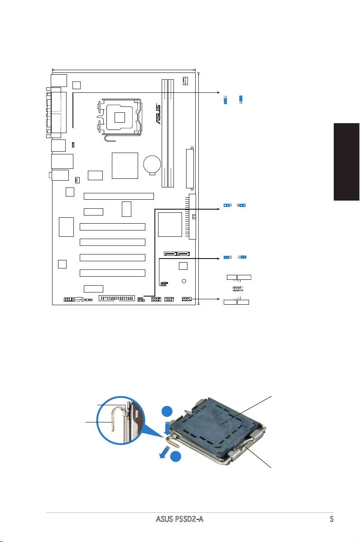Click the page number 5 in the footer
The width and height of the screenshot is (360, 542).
point(331,519)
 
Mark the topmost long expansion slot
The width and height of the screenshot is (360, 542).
point(119,197)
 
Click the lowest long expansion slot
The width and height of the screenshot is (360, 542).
point(112,273)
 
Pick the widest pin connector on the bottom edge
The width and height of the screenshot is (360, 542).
point(117,299)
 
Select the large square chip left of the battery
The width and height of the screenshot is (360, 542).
point(125,165)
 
